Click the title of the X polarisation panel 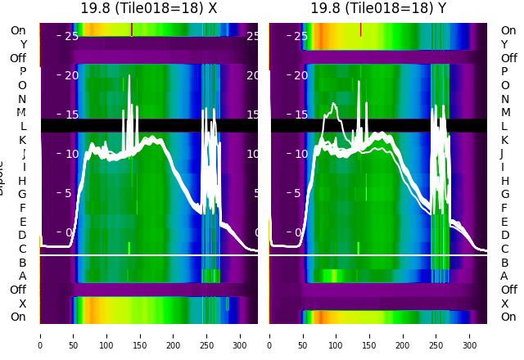(x=148, y=8)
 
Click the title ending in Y (x=378, y=8)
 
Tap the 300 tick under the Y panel (x=470, y=335)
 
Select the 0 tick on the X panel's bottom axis (x=40, y=335)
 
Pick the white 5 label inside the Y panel (x=302, y=193)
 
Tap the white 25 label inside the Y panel (x=299, y=36)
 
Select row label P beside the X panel (x=22, y=72)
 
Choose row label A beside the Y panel (x=504, y=276)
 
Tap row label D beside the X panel (x=22, y=235)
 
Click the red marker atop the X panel (x=131, y=29)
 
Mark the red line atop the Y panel (x=360, y=29)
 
